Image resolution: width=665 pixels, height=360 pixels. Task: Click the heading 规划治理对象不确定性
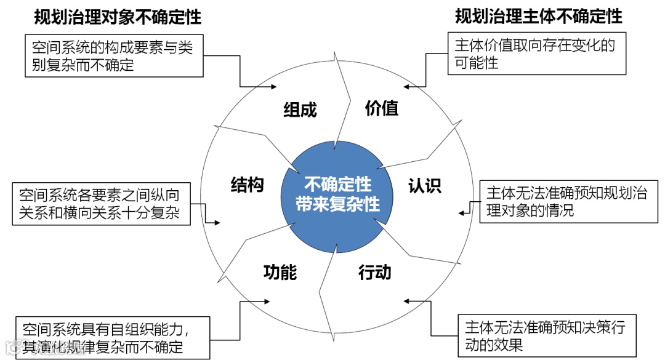118,17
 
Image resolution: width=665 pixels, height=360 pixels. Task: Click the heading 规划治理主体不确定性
538,17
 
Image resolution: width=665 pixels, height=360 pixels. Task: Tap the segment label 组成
300,110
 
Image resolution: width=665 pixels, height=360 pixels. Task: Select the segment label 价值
382,108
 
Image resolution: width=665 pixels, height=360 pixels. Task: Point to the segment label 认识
425,185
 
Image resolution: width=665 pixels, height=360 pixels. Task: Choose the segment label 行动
375,272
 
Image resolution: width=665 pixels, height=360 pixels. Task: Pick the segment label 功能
280,271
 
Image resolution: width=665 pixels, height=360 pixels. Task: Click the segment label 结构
247,185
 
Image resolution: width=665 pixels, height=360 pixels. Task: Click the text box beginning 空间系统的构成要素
114,55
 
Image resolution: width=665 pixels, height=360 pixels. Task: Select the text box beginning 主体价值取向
537,54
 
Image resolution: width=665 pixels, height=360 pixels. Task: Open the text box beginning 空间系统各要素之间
101,204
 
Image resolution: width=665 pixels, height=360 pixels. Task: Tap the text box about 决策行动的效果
547,335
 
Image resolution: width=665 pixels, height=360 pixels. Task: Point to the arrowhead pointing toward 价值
406,87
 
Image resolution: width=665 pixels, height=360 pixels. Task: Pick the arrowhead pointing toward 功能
267,302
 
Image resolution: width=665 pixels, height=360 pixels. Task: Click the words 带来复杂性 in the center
337,204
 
